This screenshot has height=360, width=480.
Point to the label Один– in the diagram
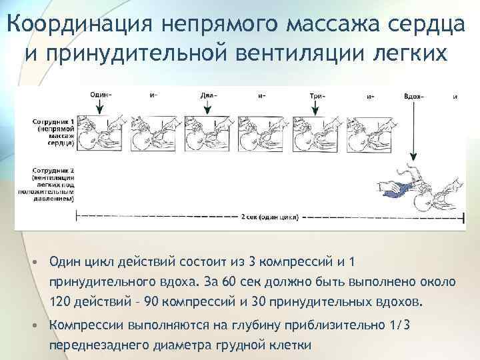[101, 95]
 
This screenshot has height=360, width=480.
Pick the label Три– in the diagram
[317, 95]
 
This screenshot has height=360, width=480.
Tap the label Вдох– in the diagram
[413, 95]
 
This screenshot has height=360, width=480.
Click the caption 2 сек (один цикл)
[271, 217]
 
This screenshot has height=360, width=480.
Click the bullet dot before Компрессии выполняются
[34, 326]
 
